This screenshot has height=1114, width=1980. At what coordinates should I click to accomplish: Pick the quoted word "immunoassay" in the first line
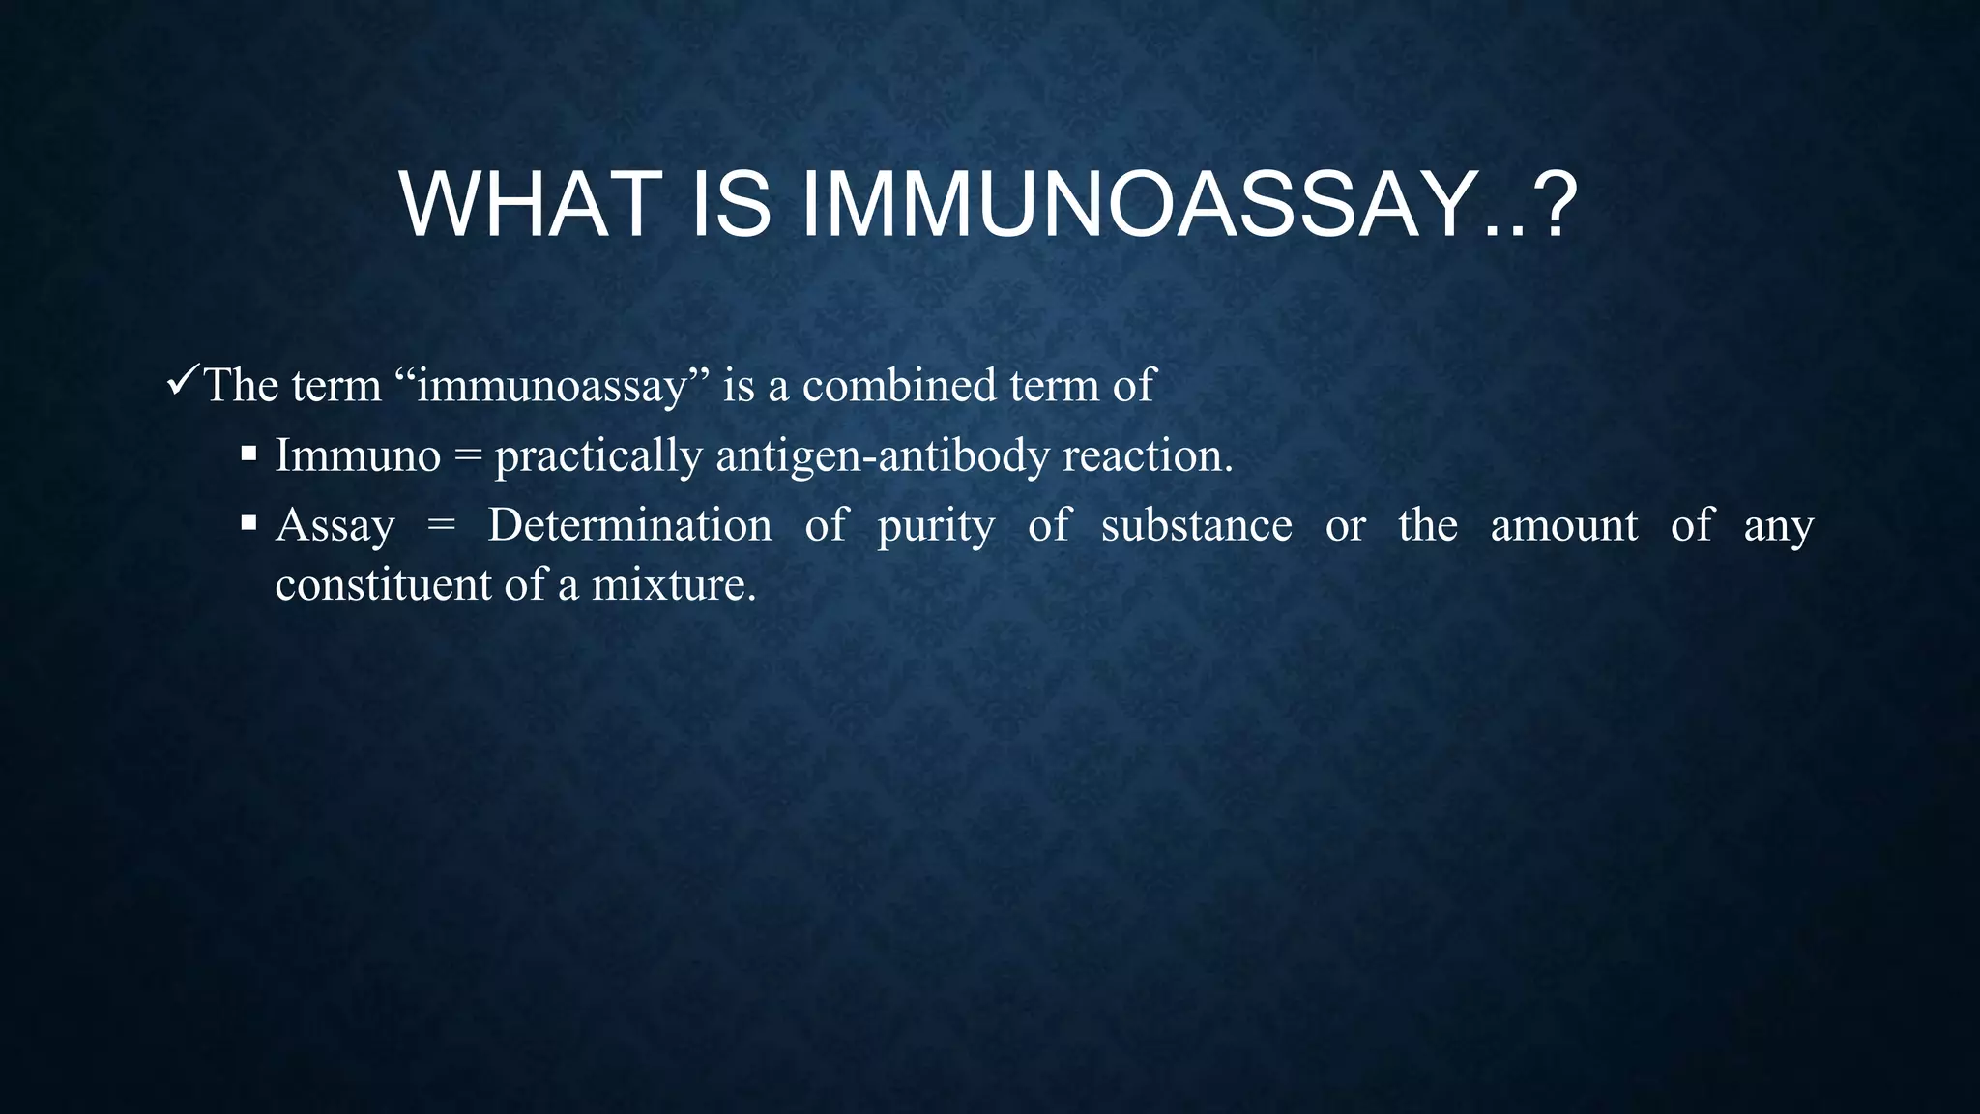click(x=552, y=386)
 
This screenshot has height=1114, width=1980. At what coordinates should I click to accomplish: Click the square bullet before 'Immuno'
click(x=248, y=454)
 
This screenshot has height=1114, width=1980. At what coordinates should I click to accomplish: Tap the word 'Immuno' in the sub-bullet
click(x=358, y=455)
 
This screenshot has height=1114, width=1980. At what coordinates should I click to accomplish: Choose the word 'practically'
click(x=598, y=457)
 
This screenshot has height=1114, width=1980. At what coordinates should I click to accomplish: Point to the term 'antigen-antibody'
click(x=882, y=456)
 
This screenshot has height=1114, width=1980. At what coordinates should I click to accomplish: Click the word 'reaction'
click(x=1146, y=455)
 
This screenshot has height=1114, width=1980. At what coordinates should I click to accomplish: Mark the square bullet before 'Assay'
click(x=248, y=524)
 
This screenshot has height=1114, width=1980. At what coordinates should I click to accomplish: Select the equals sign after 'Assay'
click(x=441, y=526)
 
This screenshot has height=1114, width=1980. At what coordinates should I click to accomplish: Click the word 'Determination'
click(x=629, y=525)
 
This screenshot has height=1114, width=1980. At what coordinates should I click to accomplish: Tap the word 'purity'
click(x=936, y=528)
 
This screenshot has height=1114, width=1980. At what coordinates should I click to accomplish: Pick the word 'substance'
click(x=1196, y=525)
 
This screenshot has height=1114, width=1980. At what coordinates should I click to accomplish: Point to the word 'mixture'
click(x=671, y=585)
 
